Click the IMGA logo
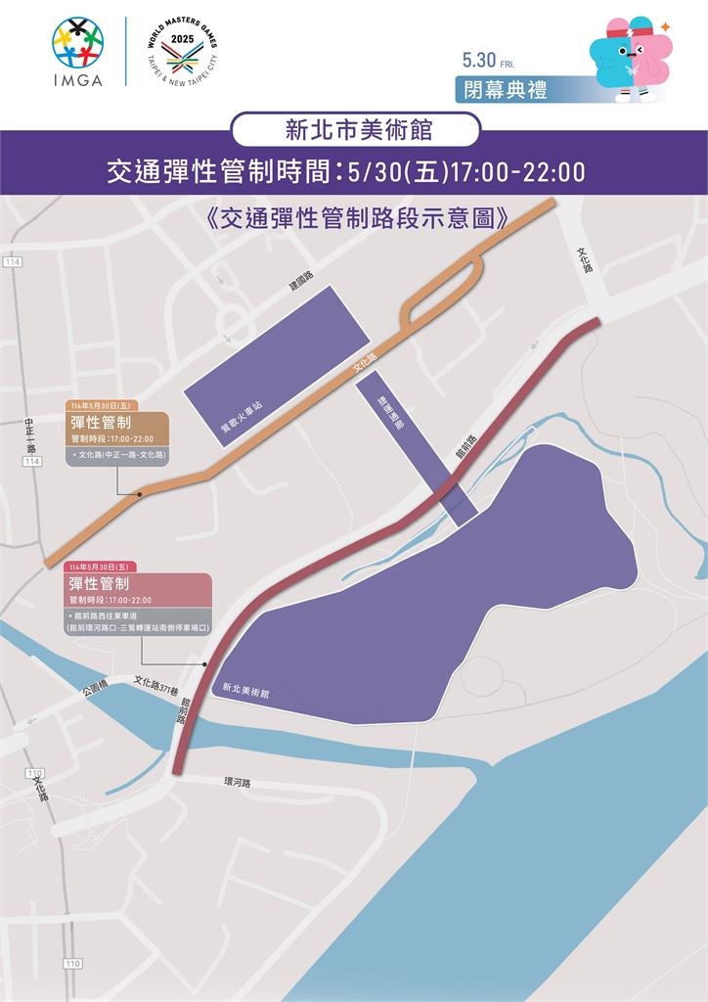pos(78,52)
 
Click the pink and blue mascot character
pos(628,58)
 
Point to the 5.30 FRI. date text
pos(488,60)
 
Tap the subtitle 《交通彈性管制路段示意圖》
pos(354,217)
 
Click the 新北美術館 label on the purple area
pos(245,689)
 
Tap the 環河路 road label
pos(238,783)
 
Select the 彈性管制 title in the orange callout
pos(102,423)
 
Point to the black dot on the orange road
pos(140,494)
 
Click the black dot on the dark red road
pos(203,665)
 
